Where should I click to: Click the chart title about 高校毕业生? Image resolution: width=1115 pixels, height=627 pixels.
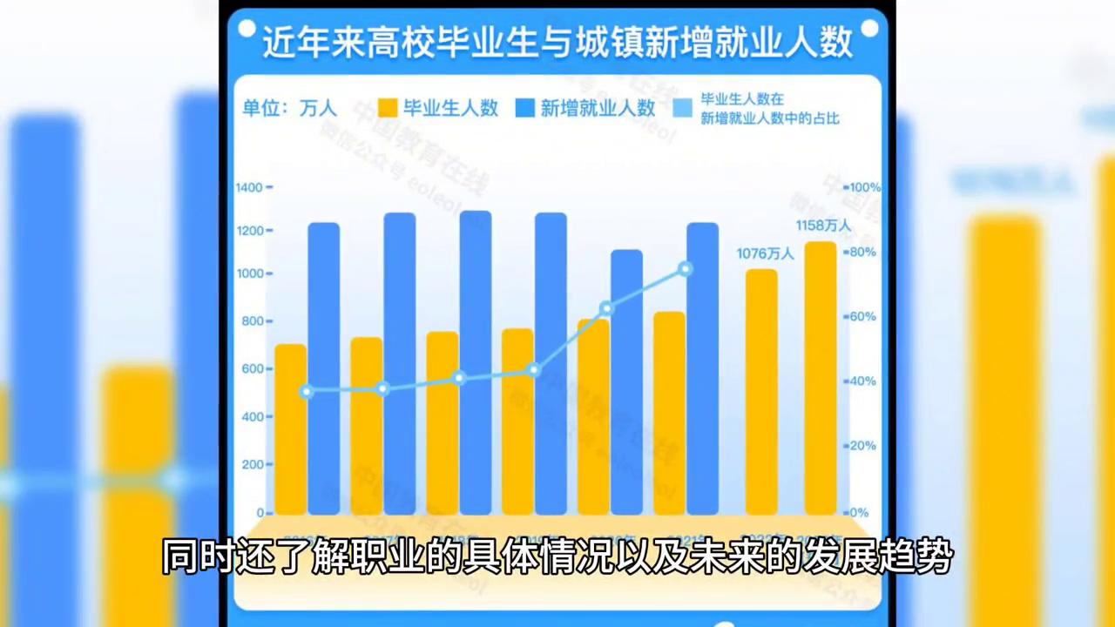[557, 43]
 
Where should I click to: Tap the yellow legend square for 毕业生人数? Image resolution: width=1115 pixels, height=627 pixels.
[389, 108]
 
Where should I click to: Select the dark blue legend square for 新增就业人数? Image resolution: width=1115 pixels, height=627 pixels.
[524, 108]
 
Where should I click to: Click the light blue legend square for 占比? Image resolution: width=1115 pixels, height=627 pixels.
[684, 108]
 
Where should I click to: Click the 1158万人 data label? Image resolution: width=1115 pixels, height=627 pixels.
[823, 226]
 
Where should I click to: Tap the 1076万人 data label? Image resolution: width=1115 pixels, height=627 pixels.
[766, 253]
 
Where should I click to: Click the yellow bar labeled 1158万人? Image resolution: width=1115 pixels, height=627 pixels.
[820, 379]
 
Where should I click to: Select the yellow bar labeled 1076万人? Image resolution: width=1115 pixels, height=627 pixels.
[761, 392]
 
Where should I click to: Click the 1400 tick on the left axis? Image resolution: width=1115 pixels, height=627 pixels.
[249, 187]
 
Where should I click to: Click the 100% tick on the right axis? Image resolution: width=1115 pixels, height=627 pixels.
[865, 187]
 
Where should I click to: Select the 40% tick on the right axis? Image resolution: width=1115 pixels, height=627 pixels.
[862, 381]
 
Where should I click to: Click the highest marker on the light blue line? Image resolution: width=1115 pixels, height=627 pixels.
[686, 269]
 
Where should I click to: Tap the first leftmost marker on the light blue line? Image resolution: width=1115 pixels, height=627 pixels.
[307, 392]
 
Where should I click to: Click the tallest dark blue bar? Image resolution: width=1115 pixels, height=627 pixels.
[476, 362]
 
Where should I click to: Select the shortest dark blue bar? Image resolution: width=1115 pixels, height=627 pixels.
[626, 381]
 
